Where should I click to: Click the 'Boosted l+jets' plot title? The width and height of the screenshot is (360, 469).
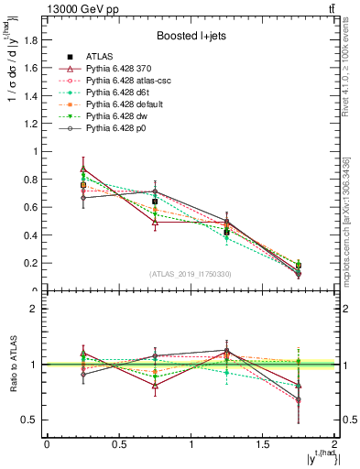(191, 36)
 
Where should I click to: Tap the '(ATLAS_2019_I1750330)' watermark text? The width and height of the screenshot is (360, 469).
(191, 274)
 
